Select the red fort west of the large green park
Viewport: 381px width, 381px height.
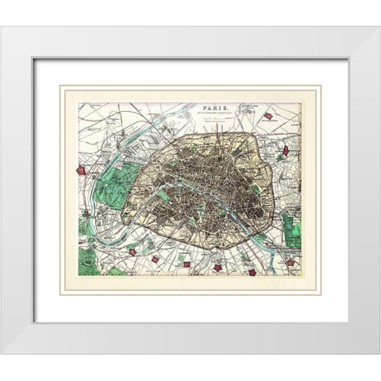[x=79, y=169]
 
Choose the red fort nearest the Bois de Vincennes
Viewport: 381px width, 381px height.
[x=291, y=261]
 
